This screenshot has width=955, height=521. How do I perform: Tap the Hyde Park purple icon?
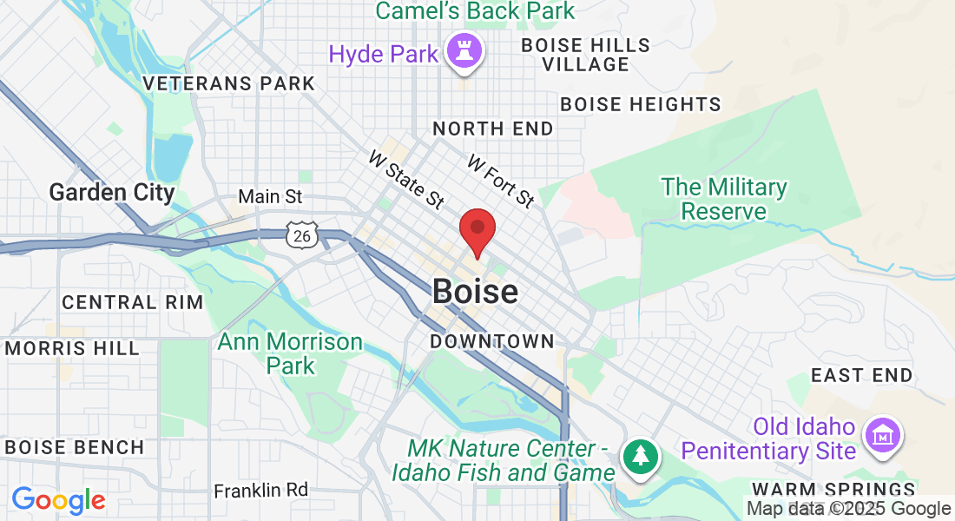pyautogui.click(x=464, y=52)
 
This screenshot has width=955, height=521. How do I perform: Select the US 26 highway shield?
pyautogui.click(x=300, y=235)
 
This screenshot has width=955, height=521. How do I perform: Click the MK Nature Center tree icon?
pyautogui.click(x=641, y=456)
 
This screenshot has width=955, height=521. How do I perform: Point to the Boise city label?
pyautogui.click(x=475, y=292)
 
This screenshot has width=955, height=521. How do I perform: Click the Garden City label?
pyautogui.click(x=112, y=192)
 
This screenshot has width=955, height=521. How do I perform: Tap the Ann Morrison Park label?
pyautogui.click(x=290, y=353)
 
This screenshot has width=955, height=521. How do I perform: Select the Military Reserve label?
pyautogui.click(x=723, y=199)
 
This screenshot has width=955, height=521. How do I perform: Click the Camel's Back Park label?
pyautogui.click(x=475, y=11)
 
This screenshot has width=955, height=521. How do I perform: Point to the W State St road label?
pyautogui.click(x=406, y=180)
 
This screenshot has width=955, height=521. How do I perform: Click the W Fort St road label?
pyautogui.click(x=500, y=181)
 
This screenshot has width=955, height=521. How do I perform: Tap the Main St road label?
pyautogui.click(x=270, y=197)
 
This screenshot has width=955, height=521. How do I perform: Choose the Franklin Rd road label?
pyautogui.click(x=260, y=490)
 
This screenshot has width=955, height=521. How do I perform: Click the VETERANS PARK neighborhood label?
pyautogui.click(x=229, y=84)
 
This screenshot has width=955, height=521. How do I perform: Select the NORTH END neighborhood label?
pyautogui.click(x=492, y=129)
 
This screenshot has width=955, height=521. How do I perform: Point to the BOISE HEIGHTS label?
pyautogui.click(x=641, y=104)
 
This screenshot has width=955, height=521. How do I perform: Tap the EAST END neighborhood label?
pyautogui.click(x=861, y=375)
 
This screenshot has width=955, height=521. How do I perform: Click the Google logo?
pyautogui.click(x=58, y=500)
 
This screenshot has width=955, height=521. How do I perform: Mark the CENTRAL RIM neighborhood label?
pyautogui.click(x=132, y=302)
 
